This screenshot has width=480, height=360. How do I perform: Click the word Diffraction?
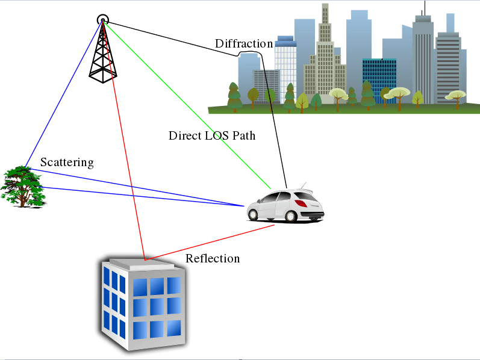click(244, 43)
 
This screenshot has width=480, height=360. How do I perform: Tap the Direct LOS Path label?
click(212, 135)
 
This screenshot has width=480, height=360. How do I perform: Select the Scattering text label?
click(67, 162)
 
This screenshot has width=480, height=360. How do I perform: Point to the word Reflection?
click(213, 258)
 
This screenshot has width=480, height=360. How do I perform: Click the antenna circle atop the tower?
click(103, 19)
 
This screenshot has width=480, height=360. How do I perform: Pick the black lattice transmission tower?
click(103, 57)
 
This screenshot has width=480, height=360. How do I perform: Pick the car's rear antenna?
click(304, 185)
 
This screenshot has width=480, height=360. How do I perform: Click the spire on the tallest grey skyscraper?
click(424, 8)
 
